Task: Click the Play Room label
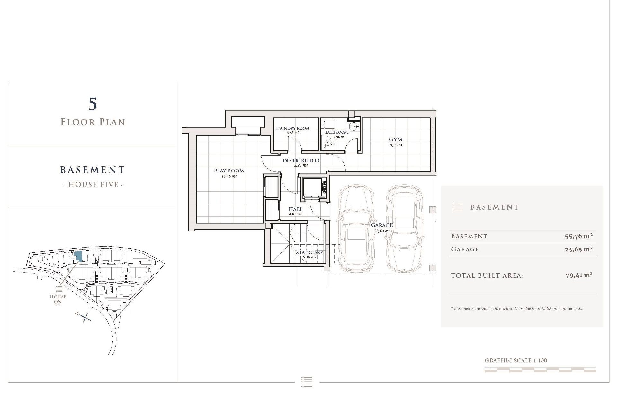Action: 229,171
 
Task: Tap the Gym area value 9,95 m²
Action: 397,145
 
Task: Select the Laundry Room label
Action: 293,128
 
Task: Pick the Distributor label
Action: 301,161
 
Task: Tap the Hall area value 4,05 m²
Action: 295,214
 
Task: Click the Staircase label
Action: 309,253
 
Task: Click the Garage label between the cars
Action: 382,225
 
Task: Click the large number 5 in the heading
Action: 93,104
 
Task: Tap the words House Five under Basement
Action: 93,185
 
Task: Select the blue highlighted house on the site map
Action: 78,256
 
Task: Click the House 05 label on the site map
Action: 58,299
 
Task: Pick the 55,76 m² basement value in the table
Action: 578,236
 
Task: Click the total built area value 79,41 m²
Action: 578,275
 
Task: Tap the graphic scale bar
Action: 540,370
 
